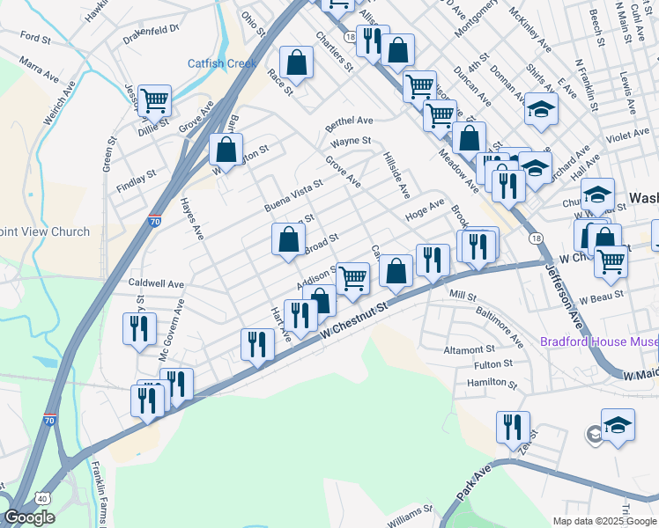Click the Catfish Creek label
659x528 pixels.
click(222, 63)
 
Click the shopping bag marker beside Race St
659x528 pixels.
click(297, 62)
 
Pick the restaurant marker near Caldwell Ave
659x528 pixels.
click(139, 329)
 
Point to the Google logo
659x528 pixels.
click(29, 517)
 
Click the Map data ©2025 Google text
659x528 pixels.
click(604, 521)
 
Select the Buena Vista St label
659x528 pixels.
click(293, 195)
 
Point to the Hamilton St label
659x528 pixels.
click(492, 383)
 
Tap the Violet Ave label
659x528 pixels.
click(627, 136)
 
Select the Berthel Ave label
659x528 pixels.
click(349, 121)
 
